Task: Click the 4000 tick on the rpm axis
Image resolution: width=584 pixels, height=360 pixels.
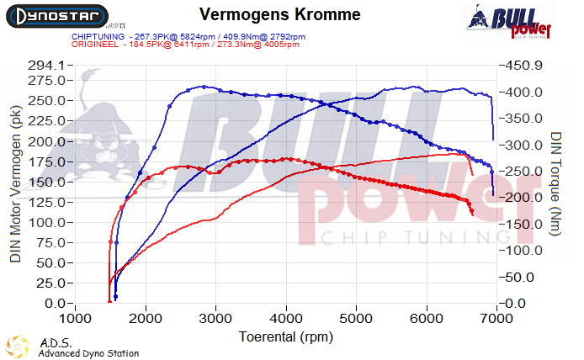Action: [287, 320]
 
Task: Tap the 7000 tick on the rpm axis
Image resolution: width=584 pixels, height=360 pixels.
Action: [498, 320]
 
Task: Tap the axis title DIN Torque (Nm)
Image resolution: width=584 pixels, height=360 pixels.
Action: [557, 183]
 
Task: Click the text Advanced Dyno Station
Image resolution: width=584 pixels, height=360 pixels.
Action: [88, 353]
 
